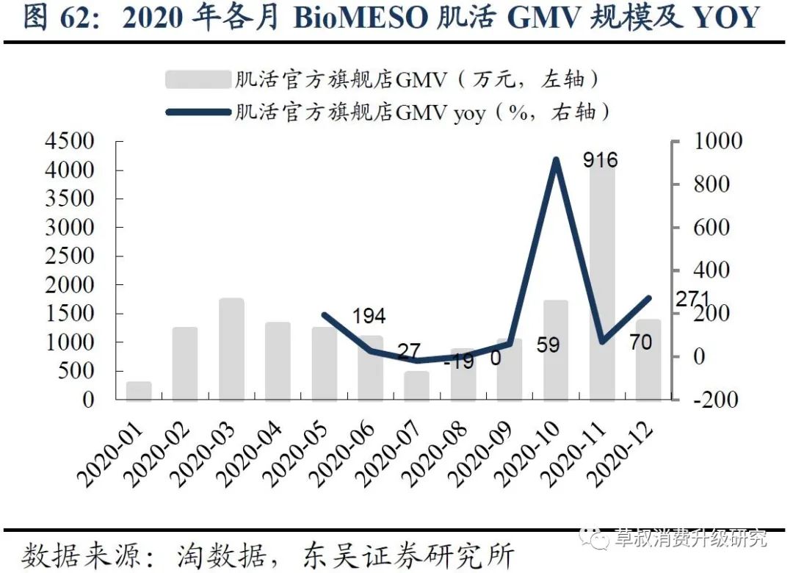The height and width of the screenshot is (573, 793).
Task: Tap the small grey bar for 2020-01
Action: pos(139,391)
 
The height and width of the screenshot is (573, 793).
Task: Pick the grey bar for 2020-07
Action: pos(416,386)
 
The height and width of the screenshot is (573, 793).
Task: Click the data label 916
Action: pos(601,160)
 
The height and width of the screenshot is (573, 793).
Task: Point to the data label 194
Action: pos(369,317)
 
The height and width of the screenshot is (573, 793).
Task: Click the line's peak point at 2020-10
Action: pos(556,160)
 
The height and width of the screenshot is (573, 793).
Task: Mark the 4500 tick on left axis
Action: pos(69,141)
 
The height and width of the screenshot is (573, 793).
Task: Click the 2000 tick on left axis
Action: pos(69,284)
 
